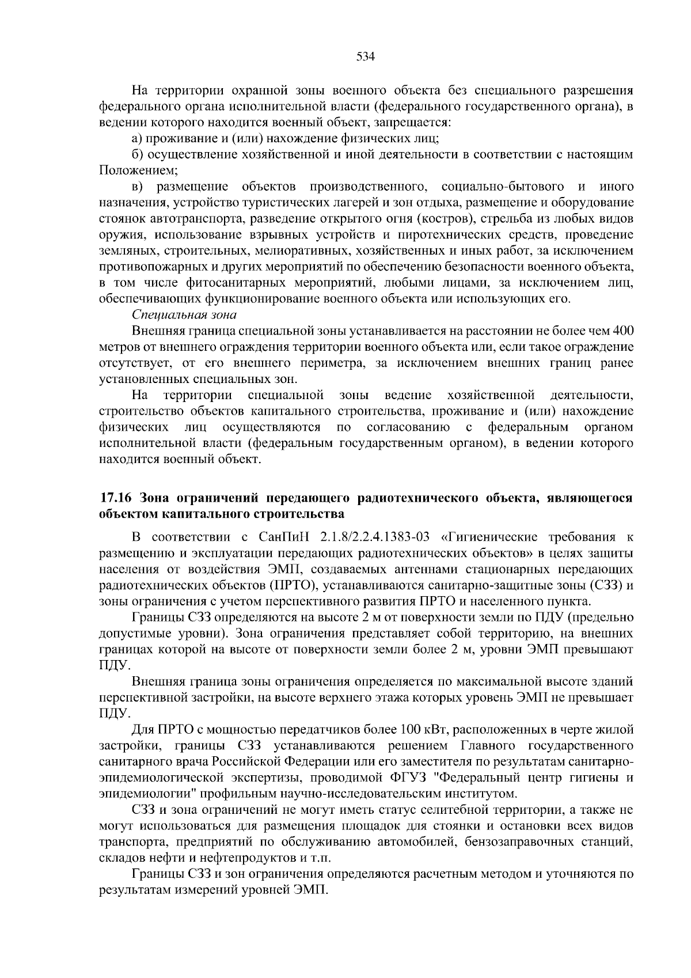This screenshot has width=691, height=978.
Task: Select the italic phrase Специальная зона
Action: coord(184,315)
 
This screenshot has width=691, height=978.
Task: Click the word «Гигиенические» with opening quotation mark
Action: coord(489,537)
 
